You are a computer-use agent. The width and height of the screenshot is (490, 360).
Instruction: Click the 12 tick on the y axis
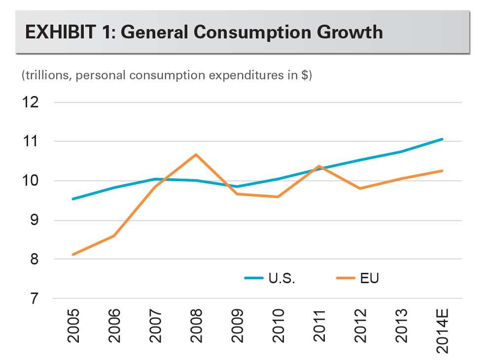point(30,102)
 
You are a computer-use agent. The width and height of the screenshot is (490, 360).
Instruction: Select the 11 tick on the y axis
point(30,142)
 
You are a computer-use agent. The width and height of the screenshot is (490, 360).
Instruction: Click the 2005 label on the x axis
point(73,327)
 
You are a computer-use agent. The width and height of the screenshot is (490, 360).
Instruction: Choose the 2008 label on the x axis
point(196,327)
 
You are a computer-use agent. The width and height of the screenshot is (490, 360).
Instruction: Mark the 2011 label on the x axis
point(319,327)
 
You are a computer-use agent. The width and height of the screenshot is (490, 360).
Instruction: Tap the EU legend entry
point(370,278)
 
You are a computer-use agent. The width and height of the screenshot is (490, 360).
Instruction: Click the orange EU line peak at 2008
point(196,155)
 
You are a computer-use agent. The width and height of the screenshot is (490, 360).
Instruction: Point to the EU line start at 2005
point(73,255)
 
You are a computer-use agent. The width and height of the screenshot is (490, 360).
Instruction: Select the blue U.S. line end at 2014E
point(442,139)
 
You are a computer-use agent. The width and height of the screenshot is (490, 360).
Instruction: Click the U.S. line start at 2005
point(73,199)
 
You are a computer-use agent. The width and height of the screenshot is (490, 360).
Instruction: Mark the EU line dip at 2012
point(360,188)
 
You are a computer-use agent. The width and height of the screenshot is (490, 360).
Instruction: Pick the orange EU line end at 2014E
point(442,171)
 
